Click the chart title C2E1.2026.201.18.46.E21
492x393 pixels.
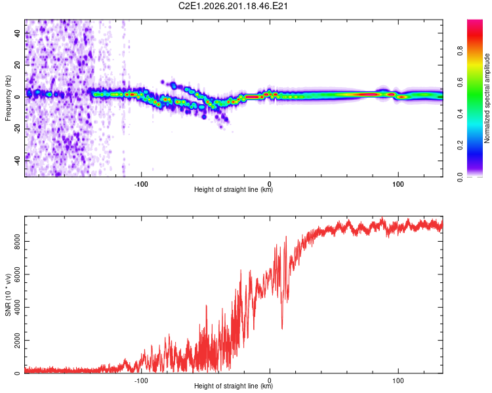click(x=233, y=6)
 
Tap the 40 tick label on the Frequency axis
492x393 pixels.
click(x=18, y=33)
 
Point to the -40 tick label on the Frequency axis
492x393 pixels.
click(x=18, y=161)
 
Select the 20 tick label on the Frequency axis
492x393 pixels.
click(x=18, y=65)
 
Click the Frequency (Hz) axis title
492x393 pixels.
click(x=8, y=98)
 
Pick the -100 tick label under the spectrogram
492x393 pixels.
click(x=141, y=184)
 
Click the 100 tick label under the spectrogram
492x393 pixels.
click(x=398, y=184)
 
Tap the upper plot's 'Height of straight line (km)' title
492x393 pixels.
click(x=234, y=189)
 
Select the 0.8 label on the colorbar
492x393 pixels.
click(x=460, y=51)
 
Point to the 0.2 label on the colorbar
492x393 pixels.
click(x=460, y=145)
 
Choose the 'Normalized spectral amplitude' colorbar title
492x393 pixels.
click(x=487, y=98)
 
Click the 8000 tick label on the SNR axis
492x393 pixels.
click(x=18, y=242)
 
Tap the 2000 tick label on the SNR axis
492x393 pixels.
click(x=18, y=341)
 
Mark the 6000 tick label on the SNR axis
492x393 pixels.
click(x=18, y=274)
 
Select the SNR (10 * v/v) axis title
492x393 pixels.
click(x=8, y=295)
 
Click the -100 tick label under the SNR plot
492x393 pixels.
click(x=141, y=381)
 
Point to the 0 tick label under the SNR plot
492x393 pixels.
click(x=270, y=381)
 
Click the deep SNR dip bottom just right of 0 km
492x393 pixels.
click(x=282, y=329)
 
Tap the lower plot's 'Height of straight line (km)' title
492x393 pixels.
click(x=234, y=386)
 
